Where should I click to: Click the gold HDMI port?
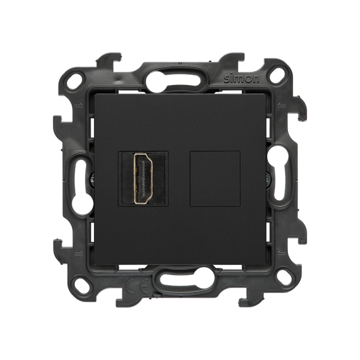pyautogui.click(x=144, y=178)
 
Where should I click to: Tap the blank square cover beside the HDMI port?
pyautogui.click(x=215, y=178)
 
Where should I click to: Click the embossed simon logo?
pyautogui.click(x=242, y=79)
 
